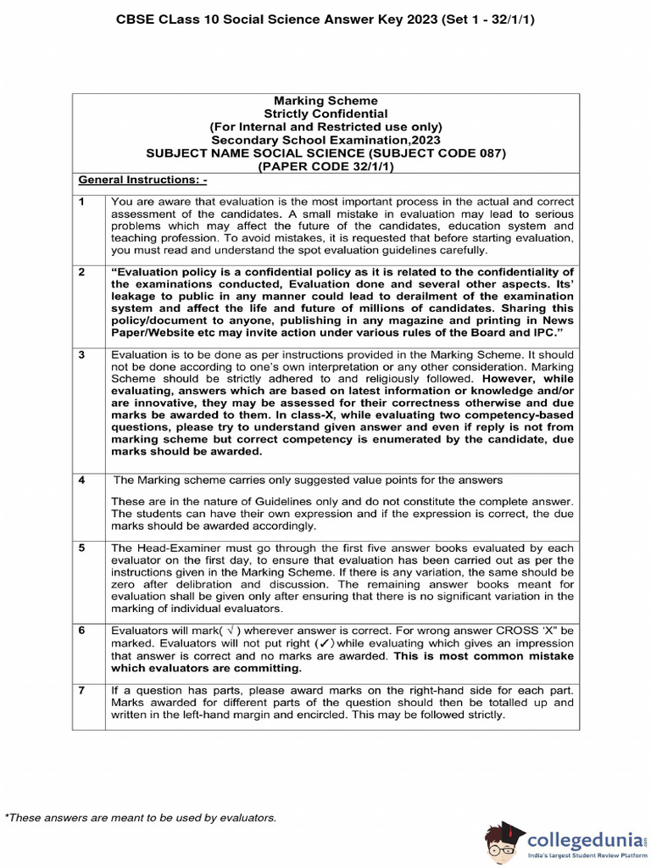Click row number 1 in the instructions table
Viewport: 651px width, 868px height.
82,203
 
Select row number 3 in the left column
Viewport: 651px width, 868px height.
82,355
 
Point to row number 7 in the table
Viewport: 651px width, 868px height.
82,691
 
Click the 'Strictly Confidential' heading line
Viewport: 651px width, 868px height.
325,114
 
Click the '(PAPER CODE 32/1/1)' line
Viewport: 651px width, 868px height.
325,166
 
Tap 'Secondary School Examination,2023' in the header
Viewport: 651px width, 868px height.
325,140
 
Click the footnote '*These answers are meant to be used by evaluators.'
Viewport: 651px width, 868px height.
141,817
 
